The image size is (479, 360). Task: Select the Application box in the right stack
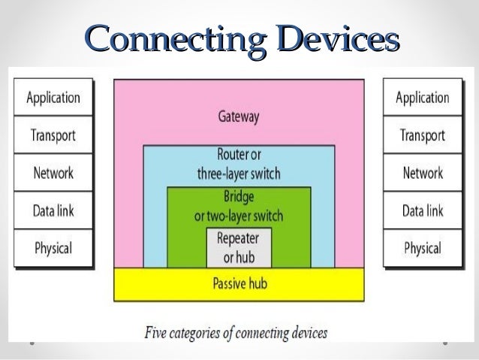pyautogui.click(x=423, y=98)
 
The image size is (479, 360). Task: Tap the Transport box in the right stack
pyautogui.click(x=423, y=136)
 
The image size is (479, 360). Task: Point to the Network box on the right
pyautogui.click(x=423, y=174)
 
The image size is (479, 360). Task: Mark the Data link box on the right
pyautogui.click(x=423, y=211)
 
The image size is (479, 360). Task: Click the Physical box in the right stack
pyautogui.click(x=423, y=248)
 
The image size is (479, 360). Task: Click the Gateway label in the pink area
pyautogui.click(x=239, y=117)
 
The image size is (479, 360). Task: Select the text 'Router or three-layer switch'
pyautogui.click(x=239, y=165)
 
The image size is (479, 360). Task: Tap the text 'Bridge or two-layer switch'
pyautogui.click(x=239, y=207)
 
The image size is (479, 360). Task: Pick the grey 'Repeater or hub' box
pyautogui.click(x=239, y=247)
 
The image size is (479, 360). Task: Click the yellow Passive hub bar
pyautogui.click(x=239, y=284)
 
